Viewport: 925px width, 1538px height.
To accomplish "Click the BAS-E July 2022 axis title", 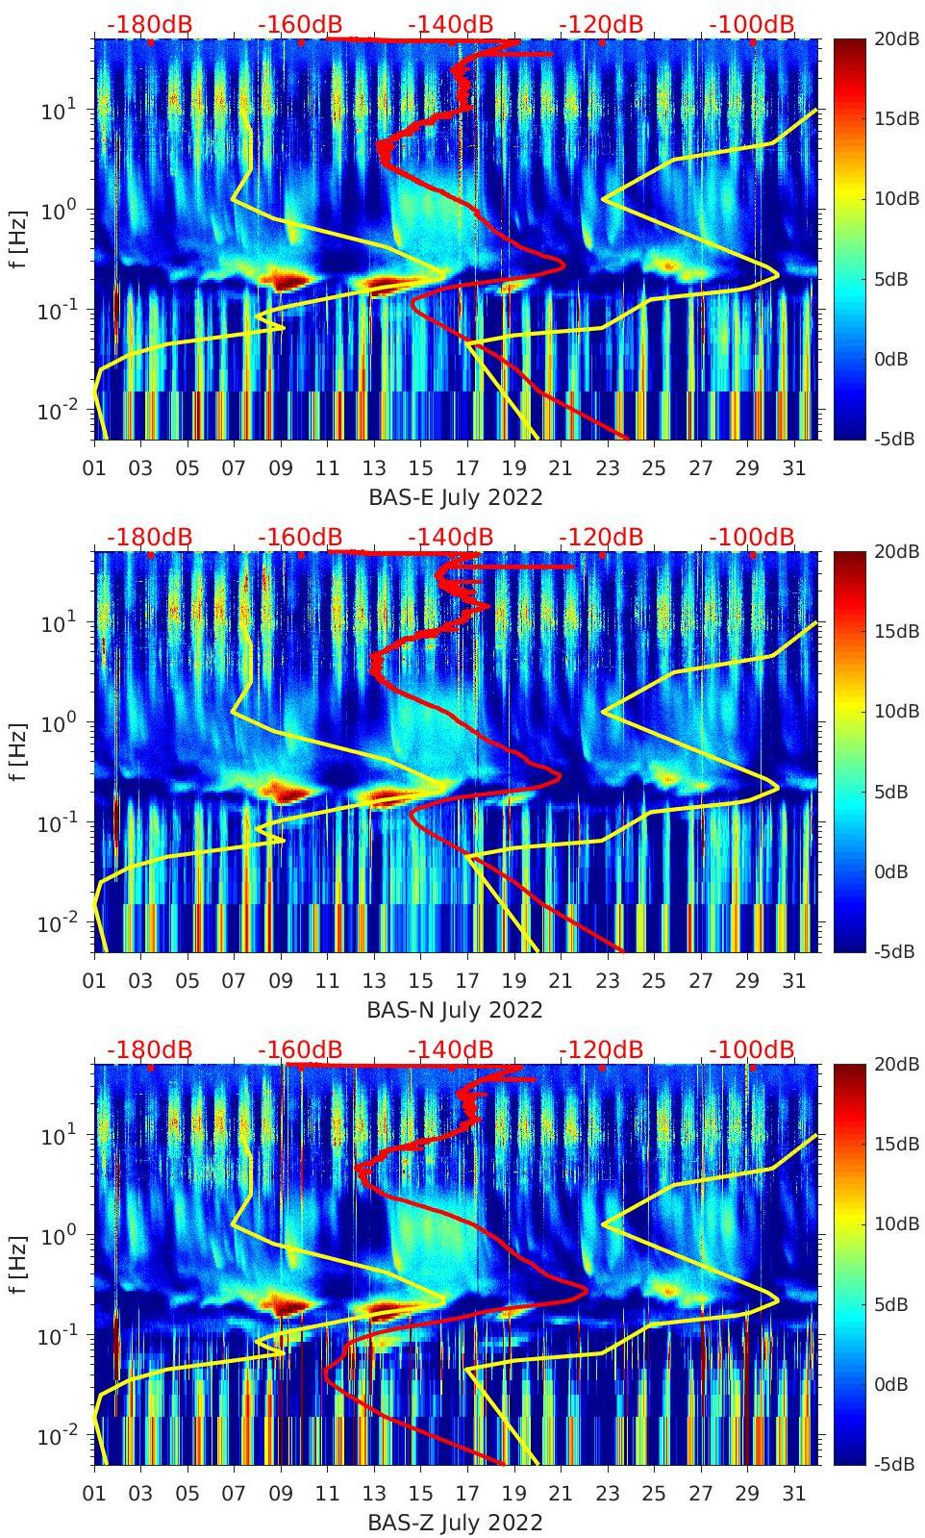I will pos(456,497).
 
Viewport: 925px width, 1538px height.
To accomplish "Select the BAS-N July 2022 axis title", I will pos(456,1010).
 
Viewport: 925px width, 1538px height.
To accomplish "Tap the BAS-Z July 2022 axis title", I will pos(456,1523).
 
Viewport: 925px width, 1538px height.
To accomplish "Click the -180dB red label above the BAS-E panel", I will pos(149,24).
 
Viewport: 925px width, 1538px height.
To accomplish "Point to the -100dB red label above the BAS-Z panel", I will pos(752,1049).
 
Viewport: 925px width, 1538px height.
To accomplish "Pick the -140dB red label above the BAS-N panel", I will pos(450,537).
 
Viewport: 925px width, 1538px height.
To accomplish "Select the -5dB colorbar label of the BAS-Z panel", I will pos(895,1464).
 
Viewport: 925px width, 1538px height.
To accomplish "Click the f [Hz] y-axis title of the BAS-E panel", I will pos(19,239).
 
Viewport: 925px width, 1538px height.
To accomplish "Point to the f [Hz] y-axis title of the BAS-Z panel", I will pos(19,1264).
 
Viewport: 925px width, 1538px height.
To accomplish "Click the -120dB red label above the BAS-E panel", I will pos(601,24).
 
